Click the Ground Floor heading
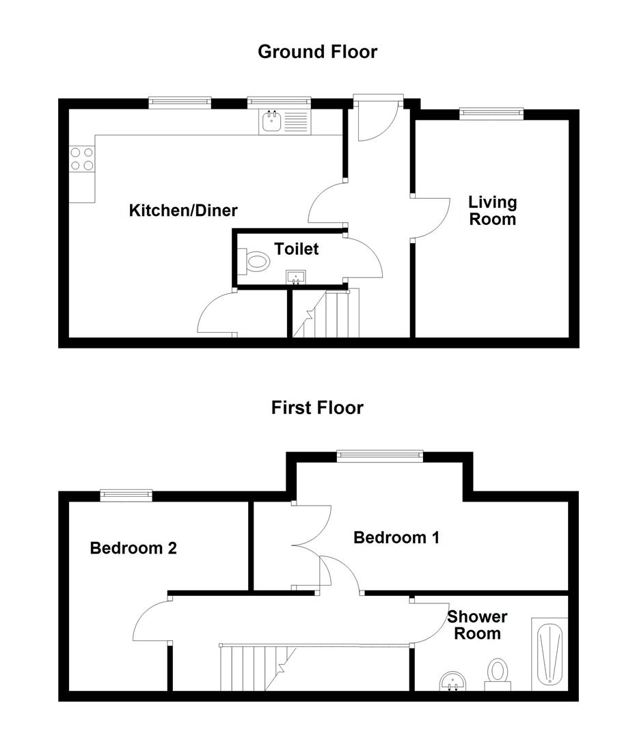tap(317, 51)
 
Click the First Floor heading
tap(317, 408)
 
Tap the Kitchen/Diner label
tap(183, 210)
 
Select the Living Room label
tap(492, 210)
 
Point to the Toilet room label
tap(297, 249)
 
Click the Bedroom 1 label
tap(396, 538)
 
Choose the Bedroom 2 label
tap(133, 547)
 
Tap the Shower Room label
tap(478, 625)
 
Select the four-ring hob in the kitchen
tap(82, 159)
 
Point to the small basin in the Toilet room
tap(296, 277)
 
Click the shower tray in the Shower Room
tap(550, 653)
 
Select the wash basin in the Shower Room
tap(452, 681)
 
